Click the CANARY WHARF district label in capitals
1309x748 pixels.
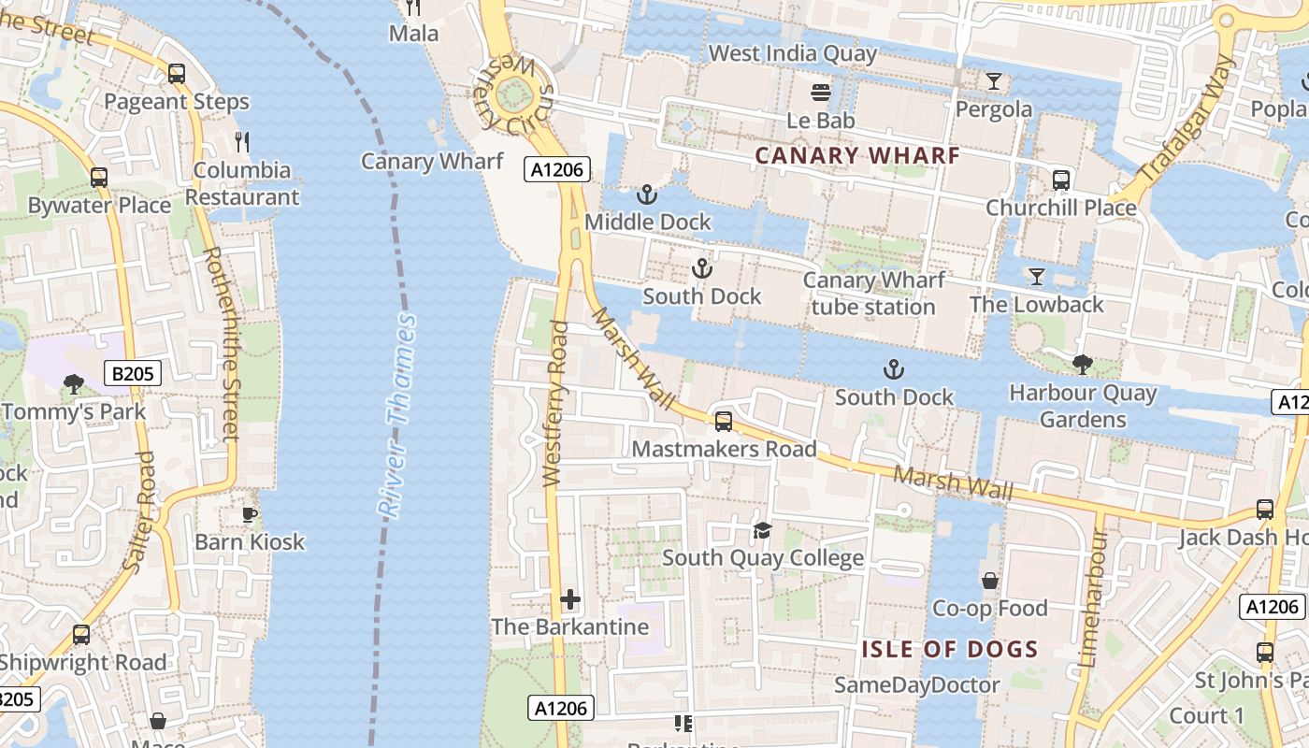(x=857, y=155)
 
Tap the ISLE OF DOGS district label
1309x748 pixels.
(x=950, y=649)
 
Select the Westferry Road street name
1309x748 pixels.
(x=555, y=403)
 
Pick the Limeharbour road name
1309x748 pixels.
(x=1091, y=598)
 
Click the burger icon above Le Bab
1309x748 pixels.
(x=821, y=93)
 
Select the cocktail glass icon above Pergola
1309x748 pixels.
(x=994, y=81)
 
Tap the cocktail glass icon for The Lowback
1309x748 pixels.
(x=1036, y=276)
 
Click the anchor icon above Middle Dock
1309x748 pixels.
(x=646, y=194)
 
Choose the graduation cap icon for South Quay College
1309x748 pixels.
(x=763, y=531)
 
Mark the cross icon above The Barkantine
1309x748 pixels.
(x=570, y=599)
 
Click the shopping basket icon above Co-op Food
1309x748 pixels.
(x=990, y=582)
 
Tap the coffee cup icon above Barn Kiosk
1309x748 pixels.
(x=250, y=514)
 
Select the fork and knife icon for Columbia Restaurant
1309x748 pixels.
(x=242, y=142)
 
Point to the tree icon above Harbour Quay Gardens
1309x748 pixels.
(x=1083, y=365)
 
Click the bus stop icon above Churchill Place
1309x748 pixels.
(x=1061, y=180)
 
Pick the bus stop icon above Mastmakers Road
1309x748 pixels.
(x=724, y=422)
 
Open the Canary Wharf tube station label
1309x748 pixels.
(x=873, y=294)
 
